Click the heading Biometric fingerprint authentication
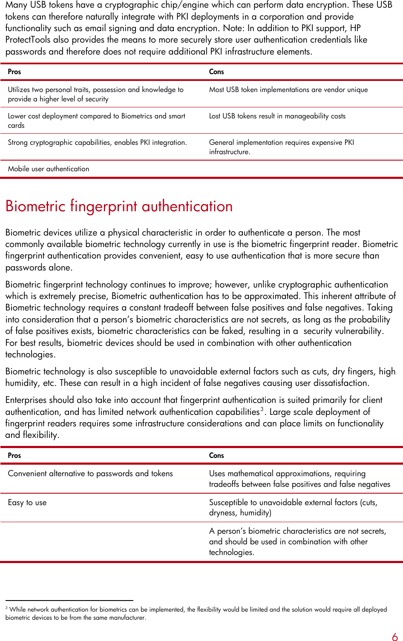tap(119, 206)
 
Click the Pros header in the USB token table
tap(14, 72)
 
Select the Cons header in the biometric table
tap(216, 455)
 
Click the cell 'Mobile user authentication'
tap(49, 169)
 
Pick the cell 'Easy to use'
tap(27, 503)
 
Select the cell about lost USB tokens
tap(277, 116)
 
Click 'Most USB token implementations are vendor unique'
tap(288, 90)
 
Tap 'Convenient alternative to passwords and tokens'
tap(90, 474)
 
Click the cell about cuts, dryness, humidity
tap(293, 507)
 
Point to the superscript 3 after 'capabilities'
tap(262, 409)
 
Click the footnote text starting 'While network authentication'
tap(196, 613)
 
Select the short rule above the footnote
tap(69, 600)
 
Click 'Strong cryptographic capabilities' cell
tap(97, 143)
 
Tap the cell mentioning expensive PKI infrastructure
tap(281, 147)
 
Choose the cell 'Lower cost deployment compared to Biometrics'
tap(96, 121)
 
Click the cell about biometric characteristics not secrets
tap(297, 541)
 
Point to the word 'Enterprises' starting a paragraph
tap(26, 400)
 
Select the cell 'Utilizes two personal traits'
tap(95, 94)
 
